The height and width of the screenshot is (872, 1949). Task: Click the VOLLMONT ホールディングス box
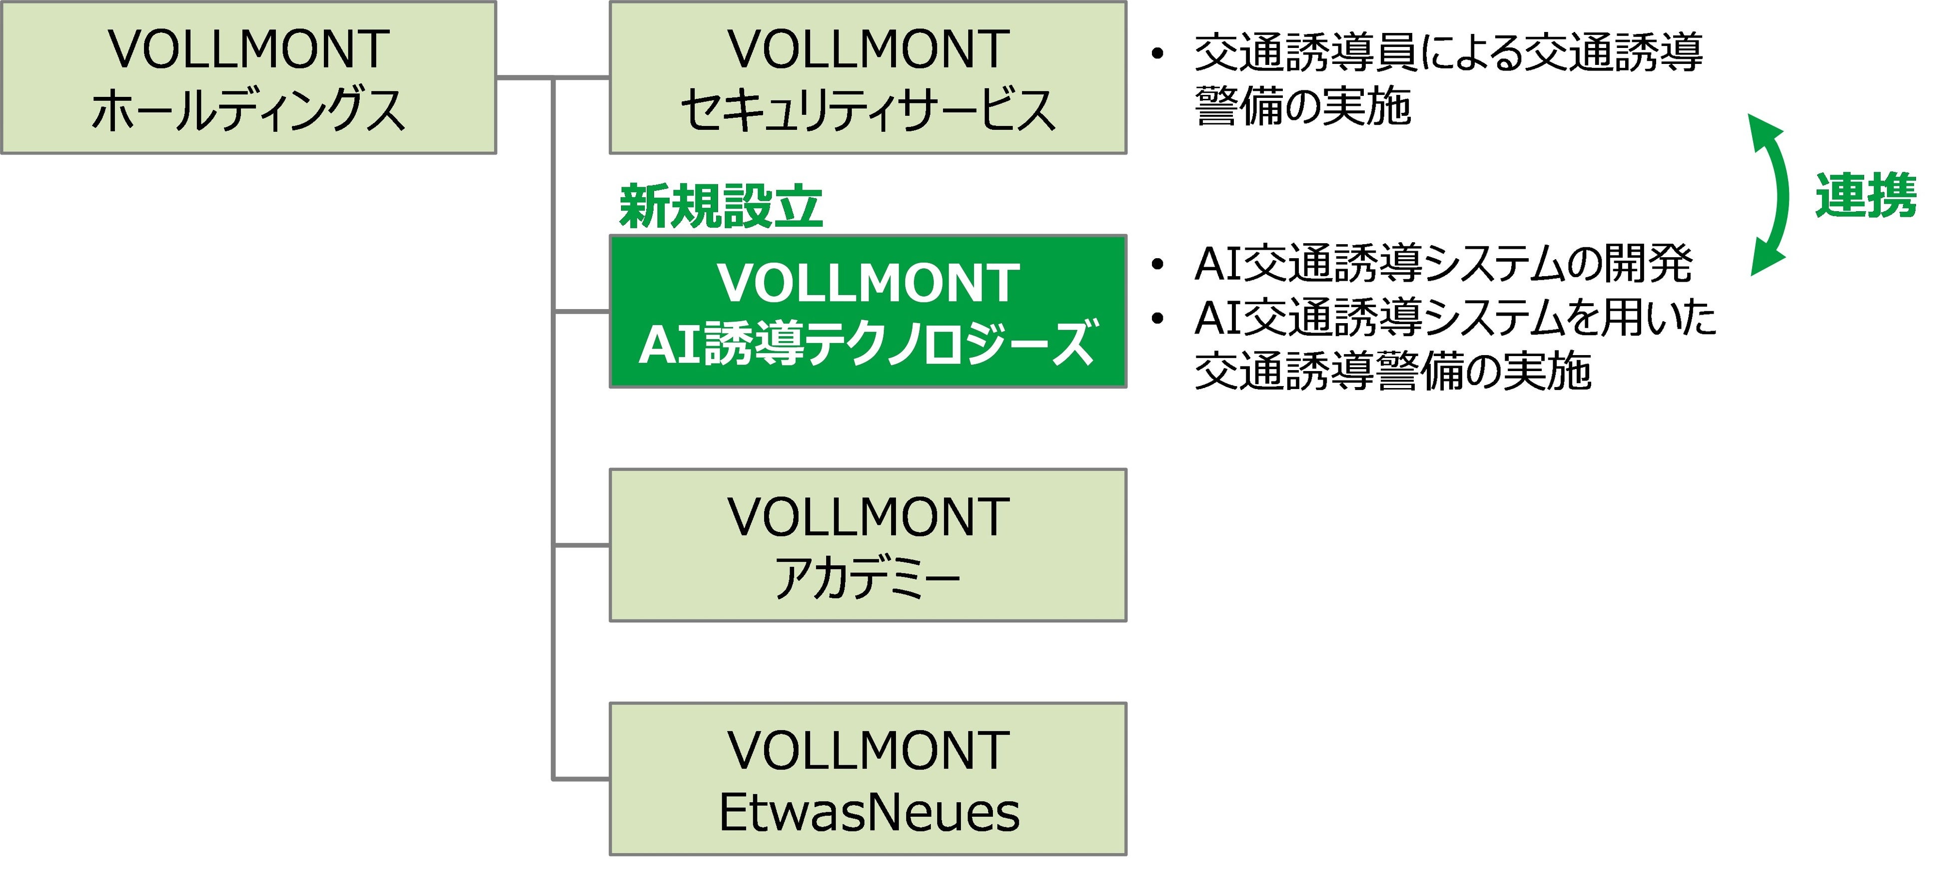(248, 77)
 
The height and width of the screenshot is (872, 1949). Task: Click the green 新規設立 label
(720, 206)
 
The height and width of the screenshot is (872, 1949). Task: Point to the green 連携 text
(1866, 196)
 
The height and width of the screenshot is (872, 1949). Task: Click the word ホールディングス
(248, 110)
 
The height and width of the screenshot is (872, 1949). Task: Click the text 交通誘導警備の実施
(1392, 372)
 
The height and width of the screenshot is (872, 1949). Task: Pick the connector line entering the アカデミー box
(581, 544)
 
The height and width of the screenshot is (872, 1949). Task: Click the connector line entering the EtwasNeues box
(581, 778)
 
